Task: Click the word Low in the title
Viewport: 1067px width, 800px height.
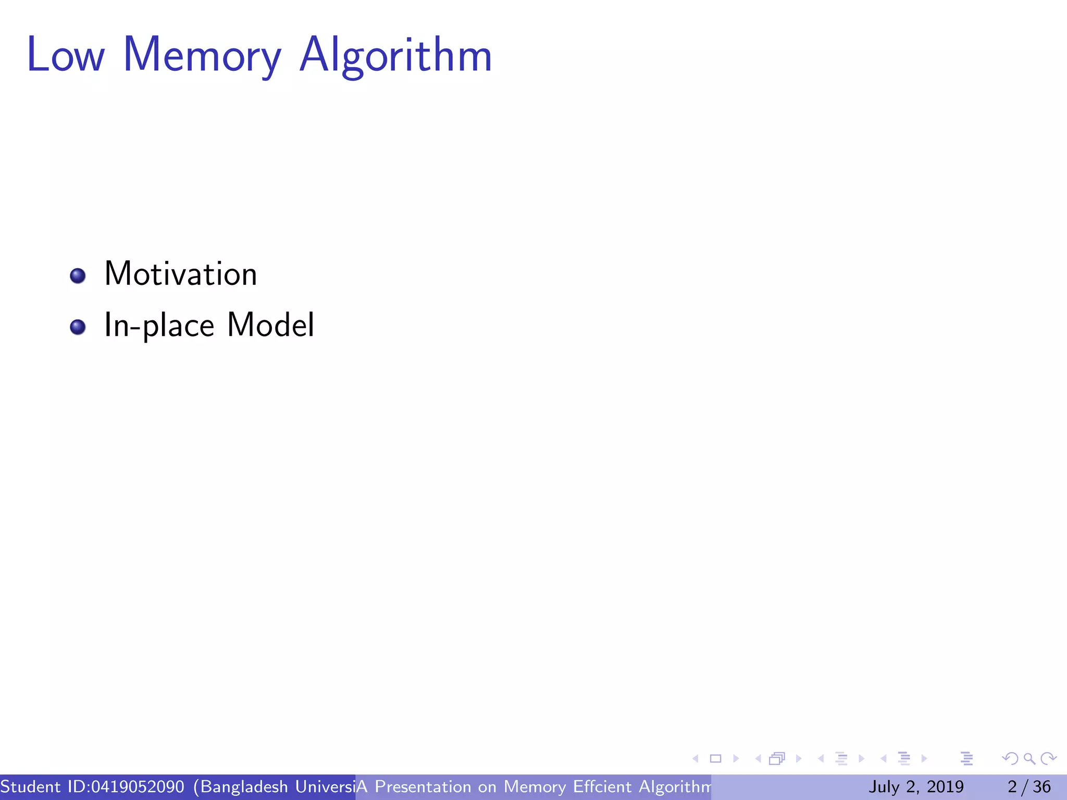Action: [x=66, y=55]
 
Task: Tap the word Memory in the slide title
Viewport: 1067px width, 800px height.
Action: [x=202, y=56]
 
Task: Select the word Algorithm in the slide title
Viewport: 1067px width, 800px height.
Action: [x=396, y=56]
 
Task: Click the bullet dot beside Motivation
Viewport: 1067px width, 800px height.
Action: [x=78, y=276]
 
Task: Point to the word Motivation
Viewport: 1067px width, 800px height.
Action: [x=180, y=274]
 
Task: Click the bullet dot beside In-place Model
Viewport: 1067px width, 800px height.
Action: [x=78, y=327]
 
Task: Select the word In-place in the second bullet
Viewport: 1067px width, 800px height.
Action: [x=159, y=326]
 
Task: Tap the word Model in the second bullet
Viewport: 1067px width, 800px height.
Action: [x=270, y=325]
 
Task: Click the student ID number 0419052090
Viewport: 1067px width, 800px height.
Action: [x=138, y=786]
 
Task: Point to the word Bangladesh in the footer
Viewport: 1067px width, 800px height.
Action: [x=244, y=786]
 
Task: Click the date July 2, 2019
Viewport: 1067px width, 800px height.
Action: [x=916, y=786]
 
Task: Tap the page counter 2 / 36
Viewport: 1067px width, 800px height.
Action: [x=1029, y=786]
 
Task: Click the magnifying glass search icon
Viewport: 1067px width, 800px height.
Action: [x=1029, y=759]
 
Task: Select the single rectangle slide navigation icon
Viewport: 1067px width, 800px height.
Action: [x=715, y=759]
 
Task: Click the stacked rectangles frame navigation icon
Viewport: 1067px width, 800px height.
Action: [x=777, y=759]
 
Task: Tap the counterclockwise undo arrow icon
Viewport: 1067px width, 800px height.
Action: [x=1010, y=759]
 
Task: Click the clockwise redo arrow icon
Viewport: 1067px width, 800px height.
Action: [x=1048, y=759]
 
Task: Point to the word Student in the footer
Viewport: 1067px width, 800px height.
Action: [x=30, y=786]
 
